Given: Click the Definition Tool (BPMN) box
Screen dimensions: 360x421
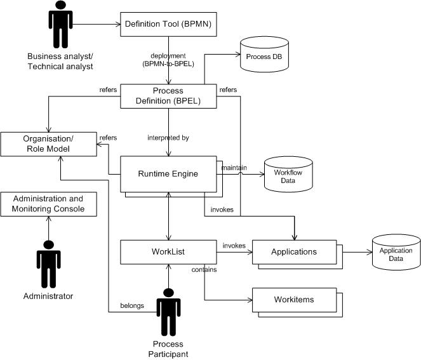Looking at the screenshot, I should point(168,25).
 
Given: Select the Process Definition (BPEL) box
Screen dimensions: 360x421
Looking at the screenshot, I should point(168,97).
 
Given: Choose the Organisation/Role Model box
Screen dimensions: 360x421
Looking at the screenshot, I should point(48,144).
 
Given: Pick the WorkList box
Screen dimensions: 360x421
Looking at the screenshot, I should point(168,252).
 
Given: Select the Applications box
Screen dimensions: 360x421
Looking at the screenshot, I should point(293,252).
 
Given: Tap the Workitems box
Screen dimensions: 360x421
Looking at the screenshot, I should point(293,300).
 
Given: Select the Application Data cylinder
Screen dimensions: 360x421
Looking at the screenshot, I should point(396,251).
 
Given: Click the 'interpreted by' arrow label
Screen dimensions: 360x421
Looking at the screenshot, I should point(168,137).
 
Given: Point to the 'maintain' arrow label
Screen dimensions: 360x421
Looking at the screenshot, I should point(234,167).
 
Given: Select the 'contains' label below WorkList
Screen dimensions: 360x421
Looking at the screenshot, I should point(204,270).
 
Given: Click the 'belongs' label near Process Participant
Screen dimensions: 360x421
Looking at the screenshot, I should point(132,305).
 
